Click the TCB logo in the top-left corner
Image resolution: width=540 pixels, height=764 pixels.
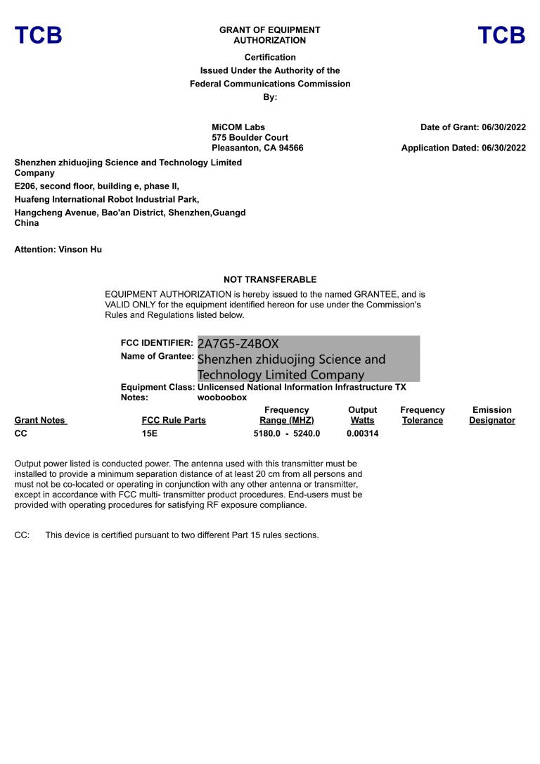(x=38, y=35)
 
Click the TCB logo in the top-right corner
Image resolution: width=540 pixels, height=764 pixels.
(x=501, y=35)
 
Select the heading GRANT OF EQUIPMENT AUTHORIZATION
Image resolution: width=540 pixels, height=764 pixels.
(x=269, y=35)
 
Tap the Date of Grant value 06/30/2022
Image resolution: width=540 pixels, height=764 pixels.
(x=503, y=127)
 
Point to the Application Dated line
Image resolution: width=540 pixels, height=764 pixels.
(x=463, y=148)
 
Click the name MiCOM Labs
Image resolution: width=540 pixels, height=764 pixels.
(x=238, y=127)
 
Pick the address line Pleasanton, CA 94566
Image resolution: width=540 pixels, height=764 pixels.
(x=257, y=148)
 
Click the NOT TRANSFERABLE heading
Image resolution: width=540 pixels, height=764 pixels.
(x=270, y=279)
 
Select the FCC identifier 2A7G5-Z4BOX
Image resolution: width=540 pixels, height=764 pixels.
(x=238, y=344)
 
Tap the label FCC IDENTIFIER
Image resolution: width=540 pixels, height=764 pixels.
(x=157, y=343)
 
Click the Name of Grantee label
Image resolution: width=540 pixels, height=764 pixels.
(x=157, y=356)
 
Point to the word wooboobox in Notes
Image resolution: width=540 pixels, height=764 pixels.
(x=222, y=397)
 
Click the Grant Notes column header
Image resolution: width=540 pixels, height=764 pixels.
(x=39, y=421)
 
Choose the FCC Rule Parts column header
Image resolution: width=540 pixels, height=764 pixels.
(x=174, y=421)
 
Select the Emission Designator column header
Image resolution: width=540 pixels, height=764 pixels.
(x=491, y=415)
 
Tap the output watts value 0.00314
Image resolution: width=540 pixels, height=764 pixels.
(x=362, y=433)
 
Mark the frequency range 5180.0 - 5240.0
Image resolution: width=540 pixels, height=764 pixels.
(x=286, y=433)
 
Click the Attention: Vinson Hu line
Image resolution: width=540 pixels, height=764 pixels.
(x=58, y=249)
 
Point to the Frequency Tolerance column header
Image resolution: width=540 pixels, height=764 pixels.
(x=422, y=415)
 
